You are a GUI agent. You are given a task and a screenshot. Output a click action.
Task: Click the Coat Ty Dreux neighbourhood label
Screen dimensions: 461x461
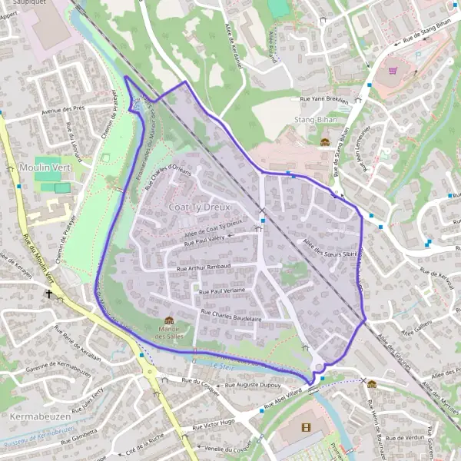197,208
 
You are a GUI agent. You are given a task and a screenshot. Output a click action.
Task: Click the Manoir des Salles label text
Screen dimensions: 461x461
169,333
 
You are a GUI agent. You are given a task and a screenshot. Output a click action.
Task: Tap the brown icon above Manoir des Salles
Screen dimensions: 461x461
169,321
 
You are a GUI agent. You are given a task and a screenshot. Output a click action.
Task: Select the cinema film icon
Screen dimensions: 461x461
307,426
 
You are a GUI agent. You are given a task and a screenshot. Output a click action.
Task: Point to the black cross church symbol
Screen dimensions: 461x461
49,294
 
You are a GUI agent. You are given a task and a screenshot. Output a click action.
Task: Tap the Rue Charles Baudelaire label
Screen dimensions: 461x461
231,315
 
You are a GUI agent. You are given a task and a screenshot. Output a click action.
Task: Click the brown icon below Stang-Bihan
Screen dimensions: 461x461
324,141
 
